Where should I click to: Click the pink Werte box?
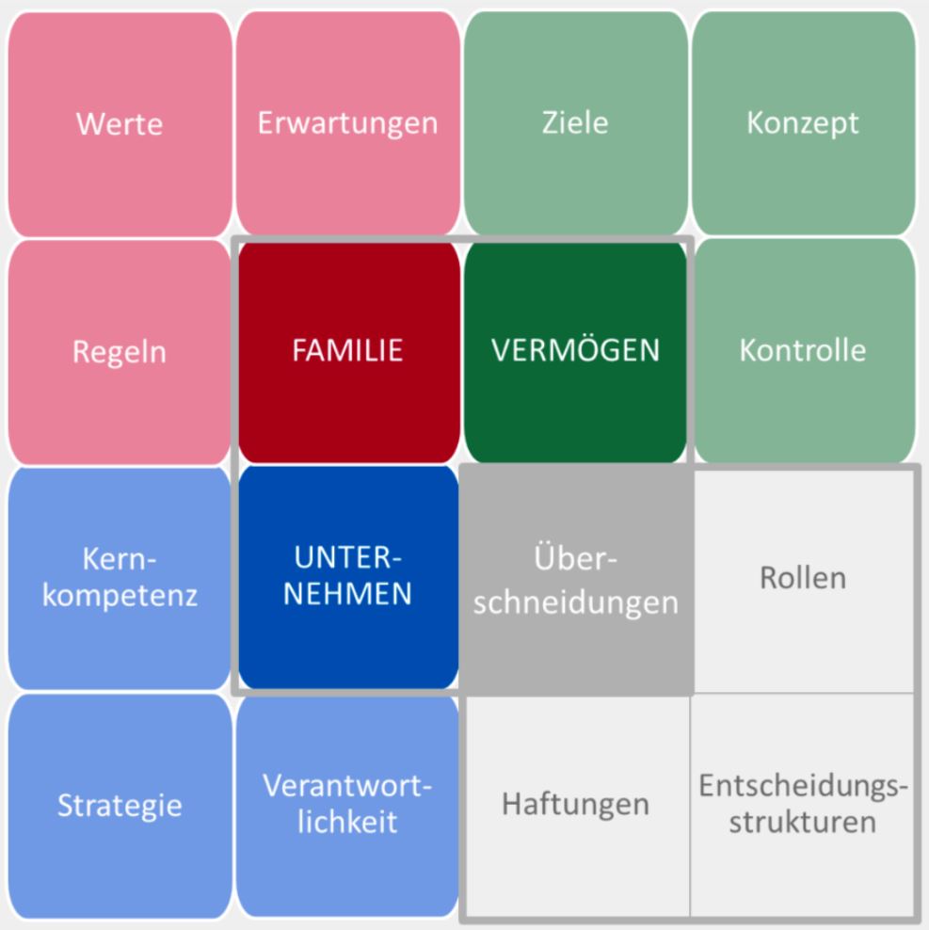[x=120, y=123]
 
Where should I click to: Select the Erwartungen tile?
[x=348, y=123]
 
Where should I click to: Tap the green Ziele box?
[x=576, y=123]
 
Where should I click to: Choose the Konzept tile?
[x=804, y=123]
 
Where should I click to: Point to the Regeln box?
[x=120, y=351]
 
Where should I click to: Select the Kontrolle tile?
[x=804, y=350]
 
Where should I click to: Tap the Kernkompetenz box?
[x=120, y=578]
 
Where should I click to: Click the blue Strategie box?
[x=120, y=806]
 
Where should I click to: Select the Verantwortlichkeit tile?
[x=348, y=805]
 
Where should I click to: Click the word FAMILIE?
[x=348, y=351]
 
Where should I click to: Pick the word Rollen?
[x=804, y=578]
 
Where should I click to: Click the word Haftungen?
[x=576, y=805]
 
